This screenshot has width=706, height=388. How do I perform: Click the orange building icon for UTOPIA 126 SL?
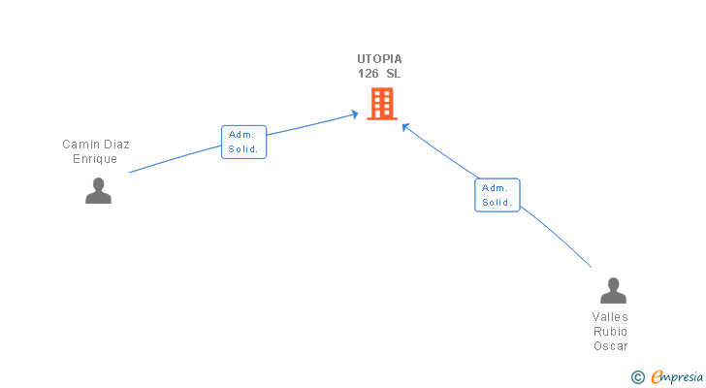click(382, 104)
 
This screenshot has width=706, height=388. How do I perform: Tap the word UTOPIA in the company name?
click(379, 59)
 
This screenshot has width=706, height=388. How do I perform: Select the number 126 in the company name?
click(368, 74)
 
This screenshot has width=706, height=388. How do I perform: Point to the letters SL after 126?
click(393, 74)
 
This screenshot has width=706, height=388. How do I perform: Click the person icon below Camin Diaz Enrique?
click(98, 191)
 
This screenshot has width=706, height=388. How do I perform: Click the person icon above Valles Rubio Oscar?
click(613, 291)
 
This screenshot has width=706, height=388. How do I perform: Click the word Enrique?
click(95, 159)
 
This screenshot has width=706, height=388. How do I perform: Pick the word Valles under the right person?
click(611, 317)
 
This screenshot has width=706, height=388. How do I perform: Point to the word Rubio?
click(611, 332)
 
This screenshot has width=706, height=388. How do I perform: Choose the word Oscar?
click(611, 346)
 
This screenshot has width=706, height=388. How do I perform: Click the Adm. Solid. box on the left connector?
click(243, 143)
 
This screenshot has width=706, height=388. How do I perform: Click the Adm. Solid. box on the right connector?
click(497, 195)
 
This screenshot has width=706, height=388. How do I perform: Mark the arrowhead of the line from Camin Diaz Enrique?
click(356, 114)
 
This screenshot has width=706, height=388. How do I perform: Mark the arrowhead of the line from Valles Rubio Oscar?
click(404, 124)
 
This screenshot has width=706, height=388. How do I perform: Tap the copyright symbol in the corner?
click(637, 376)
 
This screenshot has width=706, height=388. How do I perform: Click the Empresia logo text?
click(675, 376)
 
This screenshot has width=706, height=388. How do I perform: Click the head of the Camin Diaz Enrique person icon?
click(98, 184)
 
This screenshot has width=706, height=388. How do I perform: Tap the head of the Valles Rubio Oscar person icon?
click(613, 284)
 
